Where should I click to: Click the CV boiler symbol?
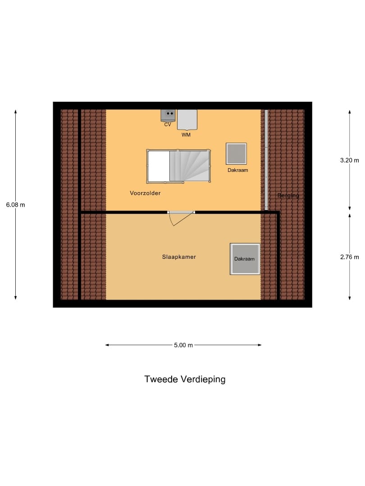(168, 115)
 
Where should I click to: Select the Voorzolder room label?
(145, 193)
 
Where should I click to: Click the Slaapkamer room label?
(179, 257)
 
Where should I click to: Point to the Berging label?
(288, 196)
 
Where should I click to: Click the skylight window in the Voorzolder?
(236, 154)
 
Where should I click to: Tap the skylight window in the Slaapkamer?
(245, 259)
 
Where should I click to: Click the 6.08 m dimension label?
(15, 205)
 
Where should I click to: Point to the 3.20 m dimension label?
(350, 160)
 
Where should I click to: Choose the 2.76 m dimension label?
(350, 257)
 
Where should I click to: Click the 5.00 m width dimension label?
(183, 345)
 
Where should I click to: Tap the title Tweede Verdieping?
(185, 379)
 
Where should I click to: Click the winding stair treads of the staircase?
(189, 166)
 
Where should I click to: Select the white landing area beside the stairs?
(159, 166)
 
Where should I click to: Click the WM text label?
(186, 135)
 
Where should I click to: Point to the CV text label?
(168, 125)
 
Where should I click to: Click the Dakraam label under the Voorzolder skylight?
(237, 171)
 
